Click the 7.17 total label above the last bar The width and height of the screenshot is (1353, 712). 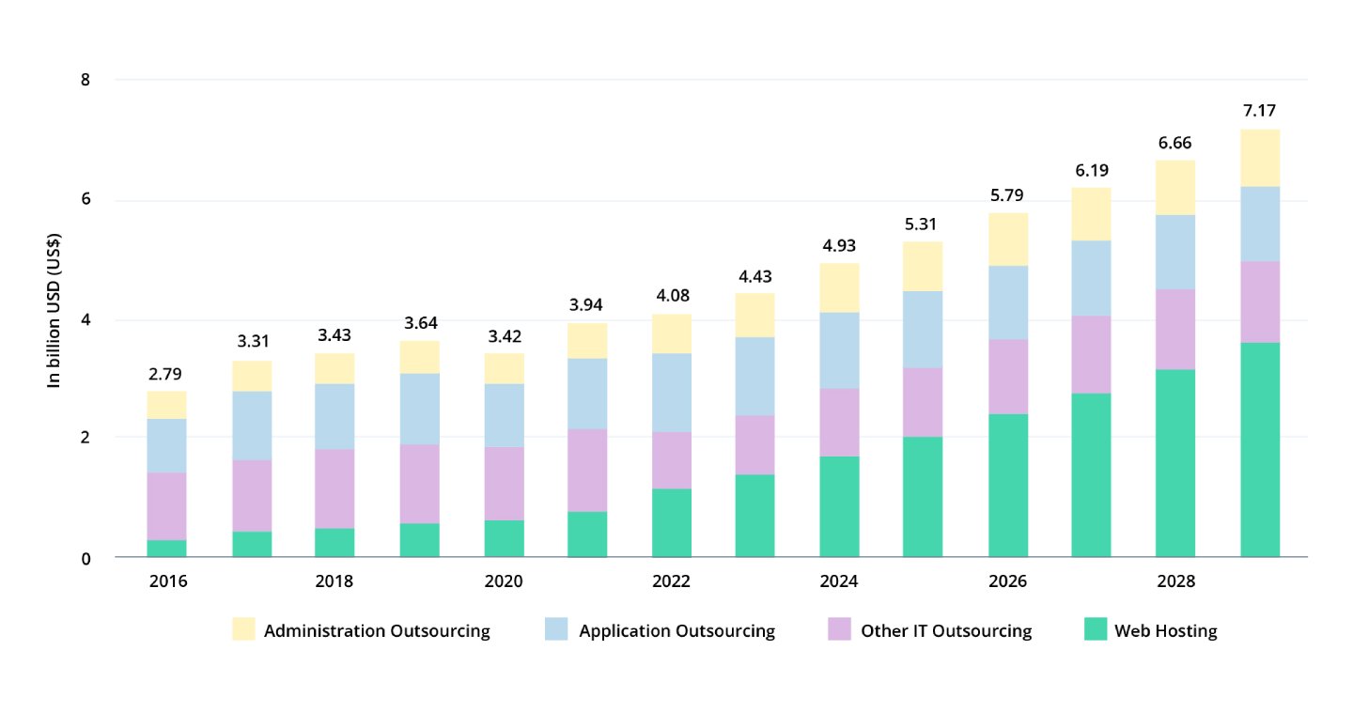[x=1259, y=111]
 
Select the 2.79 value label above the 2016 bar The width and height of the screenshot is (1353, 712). [x=167, y=374]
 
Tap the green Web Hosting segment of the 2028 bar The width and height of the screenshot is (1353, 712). [x=1175, y=463]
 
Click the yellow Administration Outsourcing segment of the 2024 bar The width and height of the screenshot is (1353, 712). [x=839, y=287]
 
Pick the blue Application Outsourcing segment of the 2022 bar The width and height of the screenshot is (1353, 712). [x=671, y=393]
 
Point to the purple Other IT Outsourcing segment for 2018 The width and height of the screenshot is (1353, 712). [x=334, y=488]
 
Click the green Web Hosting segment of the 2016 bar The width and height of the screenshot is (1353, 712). [x=167, y=549]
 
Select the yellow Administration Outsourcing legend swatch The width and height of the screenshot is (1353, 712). [x=243, y=630]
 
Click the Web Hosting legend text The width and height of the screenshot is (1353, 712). [x=1165, y=631]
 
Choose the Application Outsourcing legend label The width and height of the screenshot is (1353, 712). [x=676, y=631]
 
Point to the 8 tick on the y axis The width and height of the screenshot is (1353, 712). [x=86, y=80]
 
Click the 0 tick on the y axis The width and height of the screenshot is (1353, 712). [x=86, y=558]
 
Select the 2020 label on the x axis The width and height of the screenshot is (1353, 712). [x=504, y=582]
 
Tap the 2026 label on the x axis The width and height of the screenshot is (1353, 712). [x=1007, y=582]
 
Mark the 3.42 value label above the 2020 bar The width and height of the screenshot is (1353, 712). [x=504, y=335]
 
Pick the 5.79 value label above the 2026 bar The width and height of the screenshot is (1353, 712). [x=1007, y=195]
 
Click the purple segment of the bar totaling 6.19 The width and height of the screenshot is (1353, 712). [x=1091, y=354]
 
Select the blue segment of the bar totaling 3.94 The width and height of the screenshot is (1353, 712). [x=587, y=394]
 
